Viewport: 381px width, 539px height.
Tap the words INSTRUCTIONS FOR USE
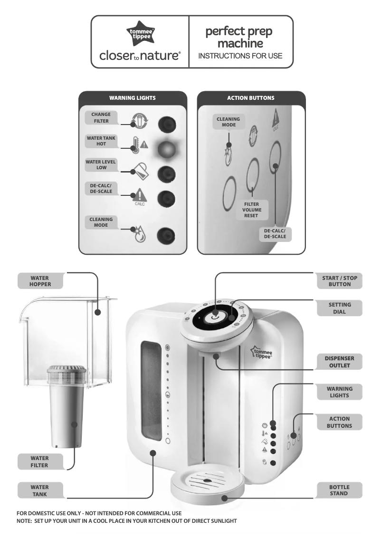[240, 56]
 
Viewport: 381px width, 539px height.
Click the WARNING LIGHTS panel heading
[133, 98]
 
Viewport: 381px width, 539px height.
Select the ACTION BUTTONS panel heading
[251, 98]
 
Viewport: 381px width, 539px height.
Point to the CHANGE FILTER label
[101, 117]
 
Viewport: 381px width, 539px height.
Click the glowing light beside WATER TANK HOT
[166, 149]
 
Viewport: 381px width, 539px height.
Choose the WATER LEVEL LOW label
[101, 164]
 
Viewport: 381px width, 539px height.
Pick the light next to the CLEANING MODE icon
[166, 234]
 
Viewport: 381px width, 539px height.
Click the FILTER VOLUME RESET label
[251, 210]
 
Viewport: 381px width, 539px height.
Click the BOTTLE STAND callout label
[339, 490]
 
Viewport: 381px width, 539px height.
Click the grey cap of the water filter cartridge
[67, 369]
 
